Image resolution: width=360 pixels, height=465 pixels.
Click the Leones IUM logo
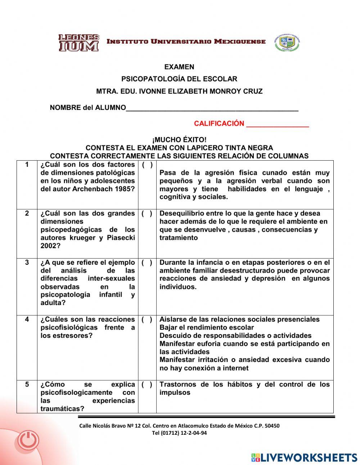[78, 43]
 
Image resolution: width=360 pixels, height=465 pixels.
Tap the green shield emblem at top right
[287, 43]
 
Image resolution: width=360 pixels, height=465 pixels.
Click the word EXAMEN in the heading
[179, 67]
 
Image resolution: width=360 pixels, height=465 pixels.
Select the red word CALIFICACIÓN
[219, 124]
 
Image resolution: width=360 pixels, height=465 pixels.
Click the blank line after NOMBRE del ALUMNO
[212, 108]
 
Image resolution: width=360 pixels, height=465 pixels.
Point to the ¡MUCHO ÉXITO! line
[179, 140]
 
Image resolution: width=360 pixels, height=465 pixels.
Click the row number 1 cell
[27, 165]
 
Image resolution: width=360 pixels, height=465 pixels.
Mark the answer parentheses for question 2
[147, 214]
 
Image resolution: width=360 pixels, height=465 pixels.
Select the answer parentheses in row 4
[147, 319]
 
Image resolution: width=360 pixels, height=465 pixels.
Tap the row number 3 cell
[27, 263]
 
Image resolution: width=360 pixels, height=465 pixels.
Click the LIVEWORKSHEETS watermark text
[309, 457]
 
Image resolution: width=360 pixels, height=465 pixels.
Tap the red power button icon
[28, 440]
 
